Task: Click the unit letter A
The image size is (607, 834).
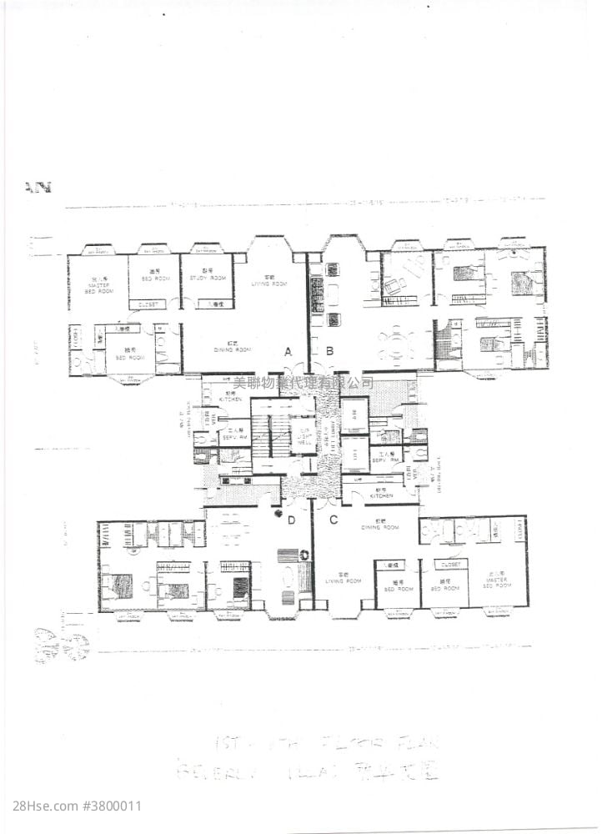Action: (288, 352)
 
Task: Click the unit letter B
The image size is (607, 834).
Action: (329, 352)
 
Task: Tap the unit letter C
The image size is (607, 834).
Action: (333, 519)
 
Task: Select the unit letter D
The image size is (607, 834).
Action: (290, 519)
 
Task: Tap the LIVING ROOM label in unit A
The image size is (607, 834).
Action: (269, 281)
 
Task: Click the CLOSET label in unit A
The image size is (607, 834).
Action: (148, 304)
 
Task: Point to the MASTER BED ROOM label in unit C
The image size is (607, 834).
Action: (494, 579)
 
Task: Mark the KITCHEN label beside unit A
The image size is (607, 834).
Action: (230, 399)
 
